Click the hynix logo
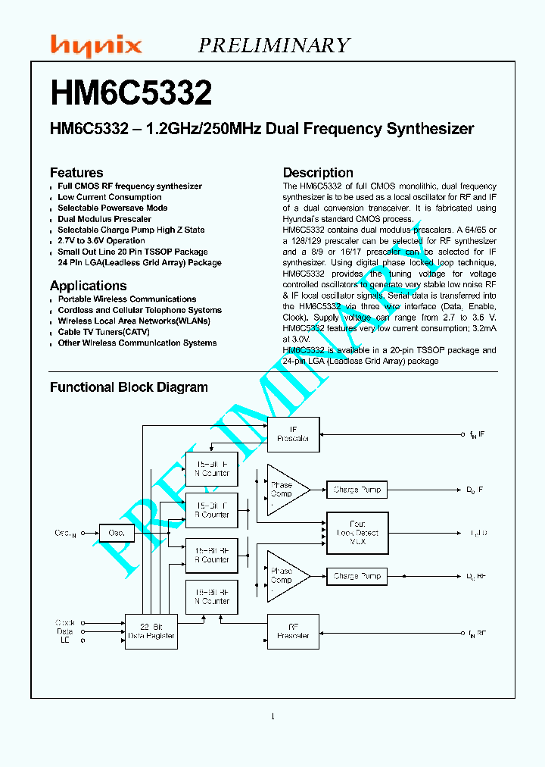(x=95, y=46)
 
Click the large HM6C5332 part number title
(x=131, y=94)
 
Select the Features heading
(x=76, y=173)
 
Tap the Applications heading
(x=88, y=286)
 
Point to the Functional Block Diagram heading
(x=129, y=387)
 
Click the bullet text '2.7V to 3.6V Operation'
(x=101, y=241)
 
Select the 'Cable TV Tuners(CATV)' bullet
(x=104, y=332)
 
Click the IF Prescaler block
(x=293, y=434)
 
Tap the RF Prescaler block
(x=293, y=631)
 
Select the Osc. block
(x=117, y=534)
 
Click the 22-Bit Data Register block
(x=151, y=631)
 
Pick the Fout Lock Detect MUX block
(x=357, y=533)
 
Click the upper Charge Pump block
(x=357, y=490)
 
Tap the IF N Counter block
(x=212, y=468)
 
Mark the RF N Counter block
(x=212, y=596)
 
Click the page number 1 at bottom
(x=272, y=716)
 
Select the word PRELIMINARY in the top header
(x=274, y=45)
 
